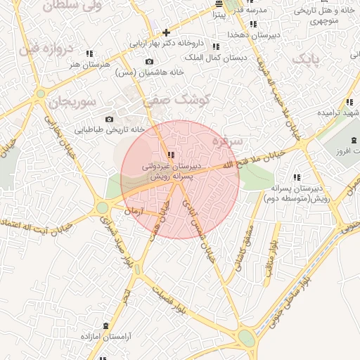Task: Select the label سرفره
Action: pos(226,141)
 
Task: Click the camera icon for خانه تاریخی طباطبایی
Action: pos(109,119)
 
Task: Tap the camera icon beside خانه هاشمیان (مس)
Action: pos(149,61)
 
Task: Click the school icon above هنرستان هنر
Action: pos(89,53)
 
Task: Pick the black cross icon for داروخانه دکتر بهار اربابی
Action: pos(166,32)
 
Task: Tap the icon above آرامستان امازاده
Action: pos(105,325)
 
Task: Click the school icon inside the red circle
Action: pos(171,155)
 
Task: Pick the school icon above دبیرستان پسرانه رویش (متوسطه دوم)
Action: pos(296,177)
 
